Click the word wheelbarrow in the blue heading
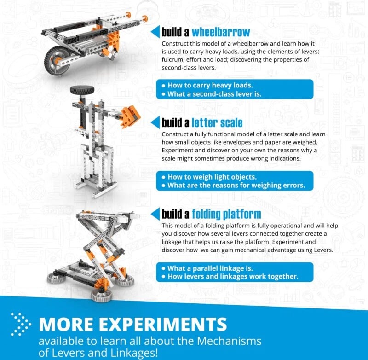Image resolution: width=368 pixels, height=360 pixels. click(x=221, y=32)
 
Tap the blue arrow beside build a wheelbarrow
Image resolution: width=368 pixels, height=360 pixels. click(x=156, y=31)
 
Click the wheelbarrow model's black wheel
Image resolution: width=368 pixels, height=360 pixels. click(x=57, y=61)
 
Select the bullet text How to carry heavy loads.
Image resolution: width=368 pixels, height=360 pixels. click(x=210, y=85)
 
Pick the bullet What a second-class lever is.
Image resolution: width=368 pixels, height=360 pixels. click(x=214, y=94)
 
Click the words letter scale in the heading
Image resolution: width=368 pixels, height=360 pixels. click(x=217, y=123)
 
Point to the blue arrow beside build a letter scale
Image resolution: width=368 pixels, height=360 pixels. click(x=156, y=122)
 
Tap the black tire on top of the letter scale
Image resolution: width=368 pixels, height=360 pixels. click(x=82, y=90)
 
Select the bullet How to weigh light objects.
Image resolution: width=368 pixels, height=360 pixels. click(x=212, y=177)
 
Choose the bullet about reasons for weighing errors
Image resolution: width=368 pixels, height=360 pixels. click(x=236, y=185)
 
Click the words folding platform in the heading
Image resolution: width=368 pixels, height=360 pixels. click(x=226, y=214)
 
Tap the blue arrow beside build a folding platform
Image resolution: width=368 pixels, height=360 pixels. click(x=156, y=214)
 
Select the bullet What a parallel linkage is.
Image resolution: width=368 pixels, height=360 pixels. click(x=210, y=268)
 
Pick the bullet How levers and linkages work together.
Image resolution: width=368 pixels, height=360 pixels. click(x=233, y=276)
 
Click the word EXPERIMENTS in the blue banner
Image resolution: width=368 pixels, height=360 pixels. click(x=163, y=324)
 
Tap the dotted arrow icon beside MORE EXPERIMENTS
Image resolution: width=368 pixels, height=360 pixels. click(x=21, y=324)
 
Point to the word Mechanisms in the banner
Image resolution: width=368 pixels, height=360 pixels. click(x=229, y=341)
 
